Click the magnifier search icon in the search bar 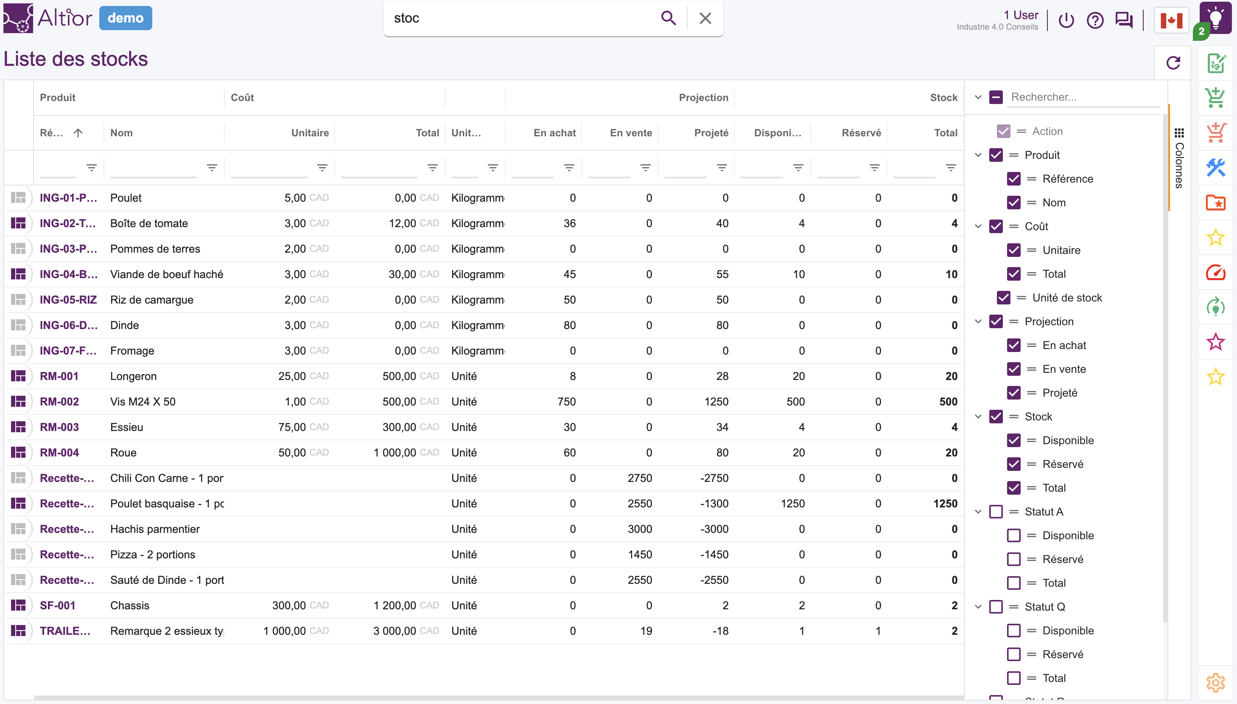668,18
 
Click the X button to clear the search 705,18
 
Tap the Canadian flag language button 1171,20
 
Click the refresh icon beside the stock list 1173,63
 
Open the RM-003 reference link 59,427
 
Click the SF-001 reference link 57,605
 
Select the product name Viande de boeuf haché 167,274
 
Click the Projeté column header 711,132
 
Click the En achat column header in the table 554,132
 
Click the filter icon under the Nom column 212,167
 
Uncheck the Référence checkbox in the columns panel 1013,179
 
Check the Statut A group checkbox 996,512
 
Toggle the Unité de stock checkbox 1003,298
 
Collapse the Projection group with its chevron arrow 978,321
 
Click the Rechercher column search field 1084,97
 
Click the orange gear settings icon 1215,683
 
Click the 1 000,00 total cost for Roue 395,453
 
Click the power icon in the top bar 1066,20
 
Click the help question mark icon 1095,20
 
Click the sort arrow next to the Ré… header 78,132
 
